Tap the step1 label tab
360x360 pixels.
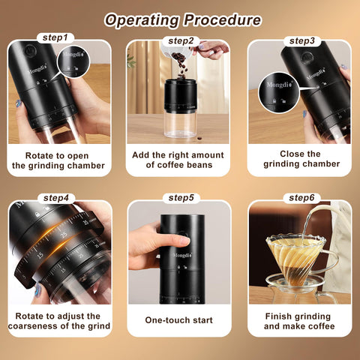[x=59, y=37]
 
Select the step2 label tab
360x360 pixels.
[x=181, y=40]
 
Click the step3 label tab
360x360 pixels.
[x=301, y=40]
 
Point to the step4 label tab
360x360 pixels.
[x=59, y=198]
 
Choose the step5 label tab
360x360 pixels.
[x=181, y=198]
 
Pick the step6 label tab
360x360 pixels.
[x=301, y=198]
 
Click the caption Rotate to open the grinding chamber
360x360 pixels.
[x=59, y=159]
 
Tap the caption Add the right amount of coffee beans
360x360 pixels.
[x=179, y=159]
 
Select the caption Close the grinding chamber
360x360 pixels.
[x=301, y=158]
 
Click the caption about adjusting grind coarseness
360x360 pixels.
[x=59, y=320]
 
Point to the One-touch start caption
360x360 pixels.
[x=179, y=320]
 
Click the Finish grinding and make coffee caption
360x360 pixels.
[x=301, y=320]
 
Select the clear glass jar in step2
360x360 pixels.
[x=180, y=124]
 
